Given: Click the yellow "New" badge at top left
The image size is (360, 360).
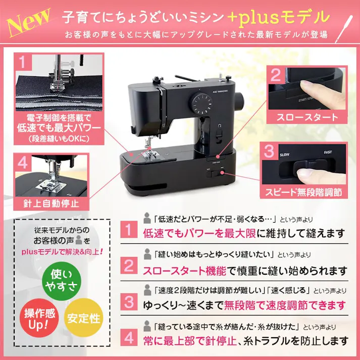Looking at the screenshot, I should pyautogui.click(x=29, y=19).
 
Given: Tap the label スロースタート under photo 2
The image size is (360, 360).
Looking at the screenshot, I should pyautogui.click(x=307, y=117).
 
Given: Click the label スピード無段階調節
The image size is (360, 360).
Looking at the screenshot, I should pyautogui.click(x=303, y=192).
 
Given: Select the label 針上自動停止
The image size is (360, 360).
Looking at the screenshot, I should pyautogui.click(x=52, y=203).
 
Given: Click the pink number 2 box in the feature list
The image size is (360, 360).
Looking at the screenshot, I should pyautogui.click(x=129, y=266).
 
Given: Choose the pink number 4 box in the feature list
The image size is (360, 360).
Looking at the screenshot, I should pyautogui.click(x=129, y=336).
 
